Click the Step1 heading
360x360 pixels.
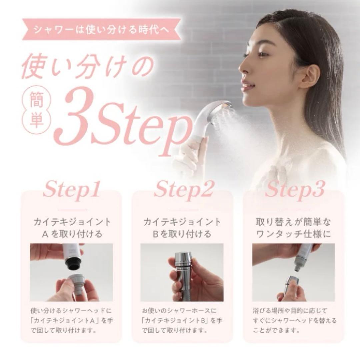[71, 190]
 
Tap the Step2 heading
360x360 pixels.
[183, 190]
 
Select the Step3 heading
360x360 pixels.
[294, 190]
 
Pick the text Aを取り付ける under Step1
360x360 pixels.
[71, 234]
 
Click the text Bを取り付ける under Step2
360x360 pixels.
[182, 234]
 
